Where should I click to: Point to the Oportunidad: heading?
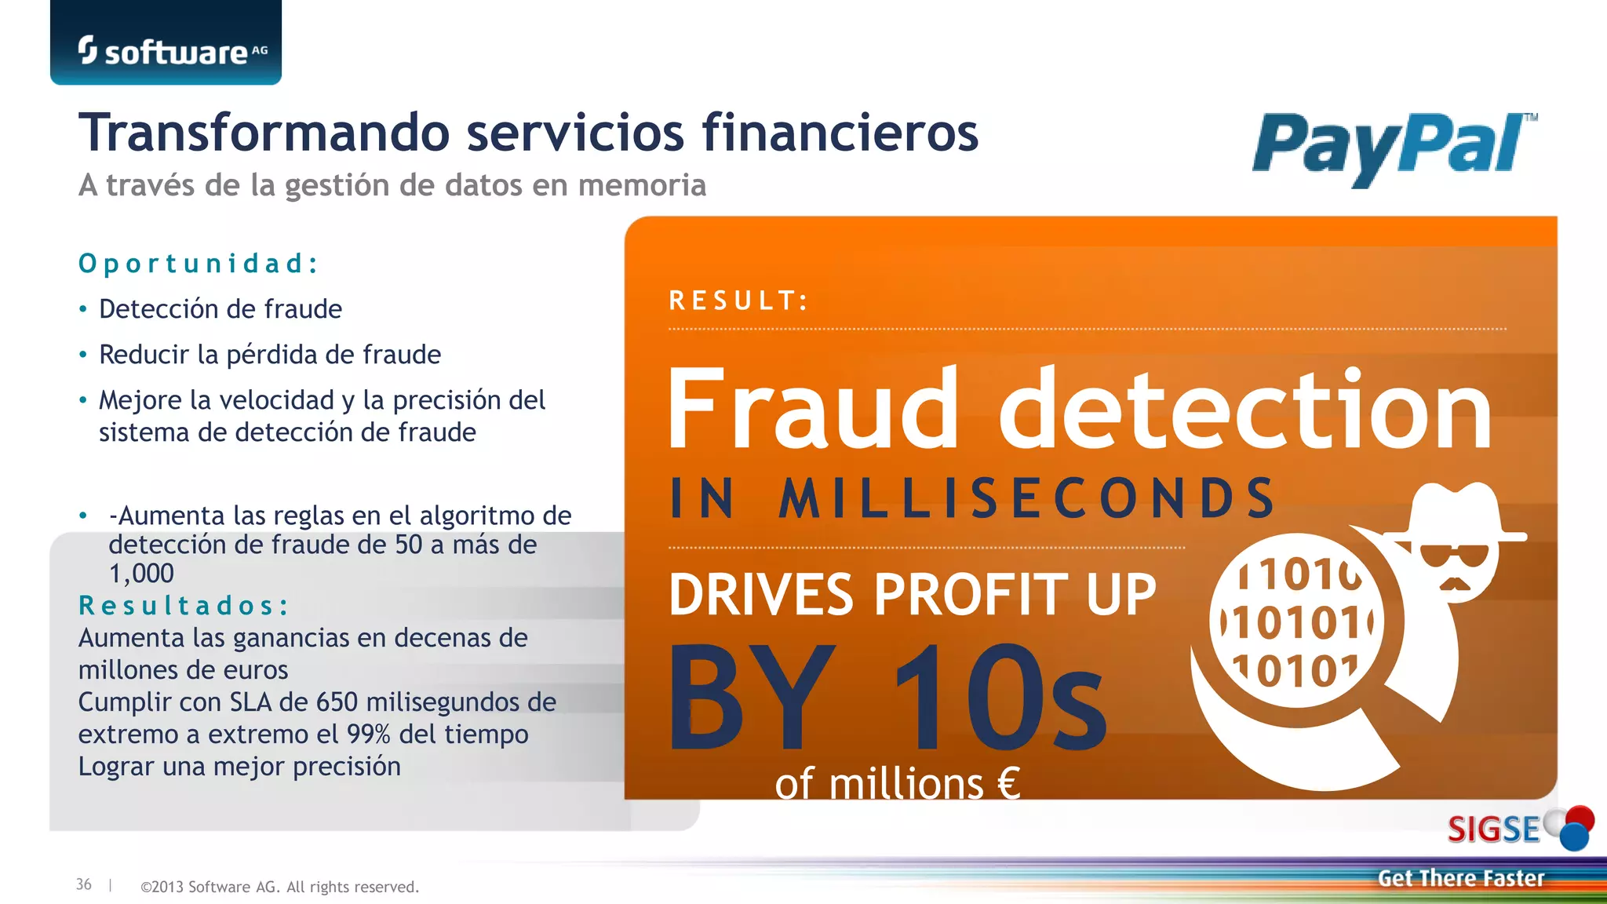click(199, 264)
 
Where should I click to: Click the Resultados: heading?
click(184, 606)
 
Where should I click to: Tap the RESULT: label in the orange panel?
click(738, 301)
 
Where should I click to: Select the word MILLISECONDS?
click(1027, 498)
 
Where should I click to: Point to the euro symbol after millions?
click(1008, 783)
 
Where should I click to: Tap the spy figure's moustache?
click(1454, 584)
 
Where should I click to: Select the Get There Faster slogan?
click(1460, 878)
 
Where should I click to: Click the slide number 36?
click(84, 884)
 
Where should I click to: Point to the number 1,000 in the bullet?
click(141, 574)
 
